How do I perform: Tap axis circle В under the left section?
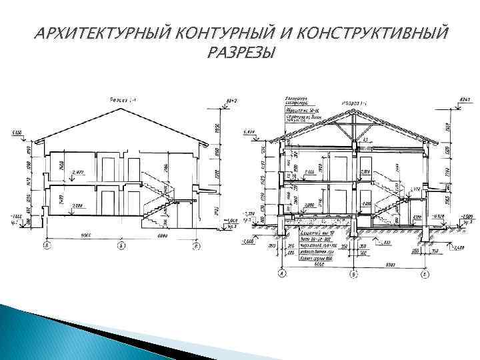[197, 246]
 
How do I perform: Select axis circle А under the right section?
[282, 274]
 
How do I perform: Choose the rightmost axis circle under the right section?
[425, 274]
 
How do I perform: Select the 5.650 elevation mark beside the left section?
[15, 133]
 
